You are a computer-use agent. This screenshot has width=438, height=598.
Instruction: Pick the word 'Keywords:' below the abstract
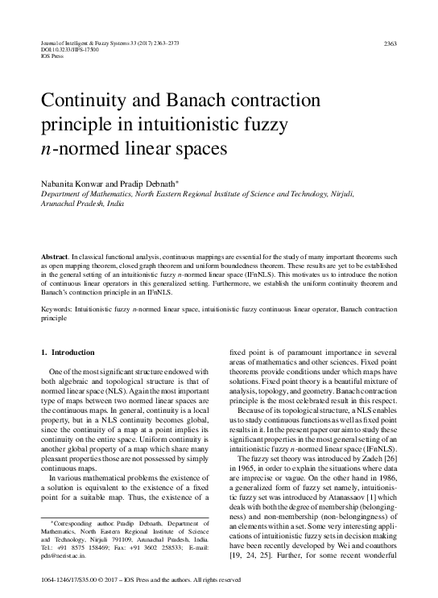(x=57, y=308)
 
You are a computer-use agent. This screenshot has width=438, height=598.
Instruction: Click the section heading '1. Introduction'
(x=68, y=353)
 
